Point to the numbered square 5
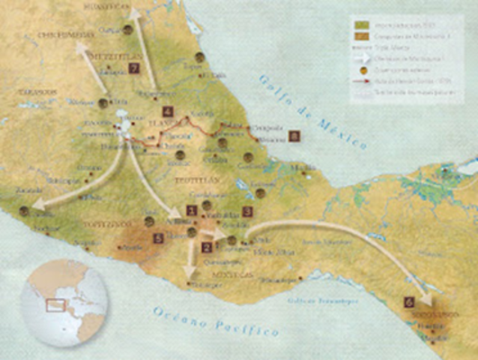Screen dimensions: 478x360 click(x=158, y=238)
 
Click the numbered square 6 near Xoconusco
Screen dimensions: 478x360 click(x=408, y=301)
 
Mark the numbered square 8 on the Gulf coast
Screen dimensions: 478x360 click(x=294, y=136)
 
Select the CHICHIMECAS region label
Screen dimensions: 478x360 click(x=65, y=34)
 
